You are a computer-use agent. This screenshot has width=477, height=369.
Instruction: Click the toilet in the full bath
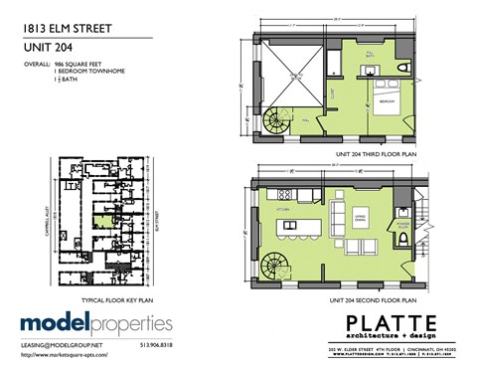[401, 65]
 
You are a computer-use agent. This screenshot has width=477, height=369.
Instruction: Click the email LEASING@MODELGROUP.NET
[64, 344]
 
